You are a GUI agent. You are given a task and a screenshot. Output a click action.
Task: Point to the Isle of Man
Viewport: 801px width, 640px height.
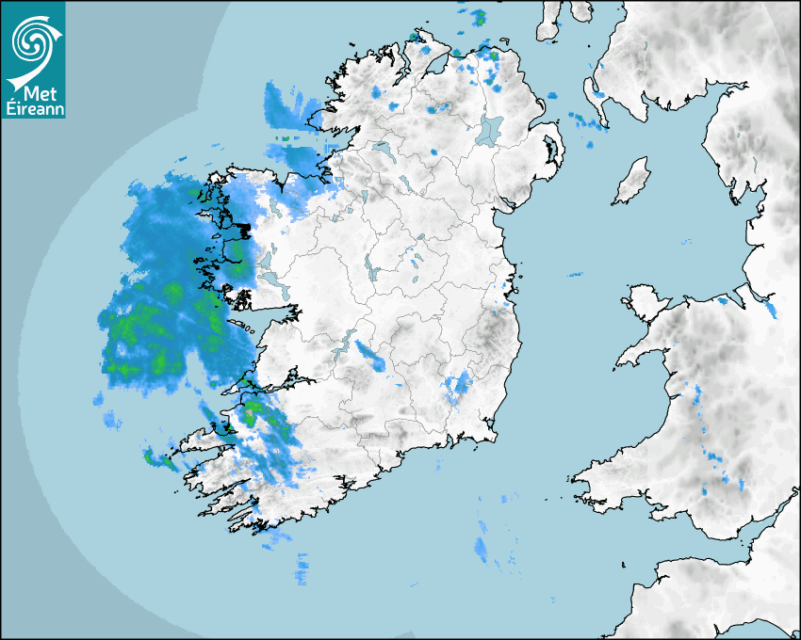pos(632,181)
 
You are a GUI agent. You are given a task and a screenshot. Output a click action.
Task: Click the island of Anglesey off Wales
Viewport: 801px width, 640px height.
pos(646,299)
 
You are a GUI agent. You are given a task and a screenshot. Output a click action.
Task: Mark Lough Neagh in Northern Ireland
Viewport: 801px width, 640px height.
pos(490,129)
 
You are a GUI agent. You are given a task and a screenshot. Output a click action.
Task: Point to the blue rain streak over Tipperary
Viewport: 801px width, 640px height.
pos(369,356)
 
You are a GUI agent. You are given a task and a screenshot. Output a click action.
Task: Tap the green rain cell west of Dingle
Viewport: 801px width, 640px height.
pos(156,459)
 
